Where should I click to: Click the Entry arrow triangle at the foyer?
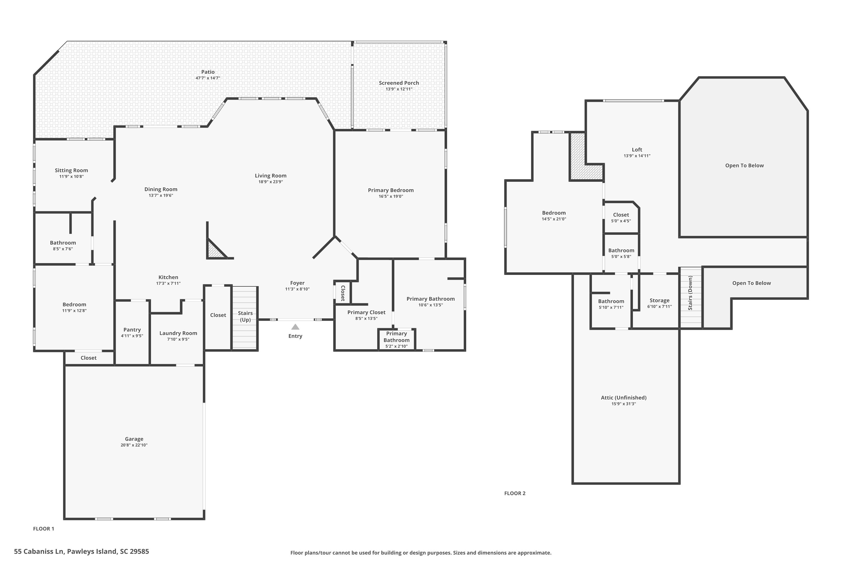click(x=295, y=327)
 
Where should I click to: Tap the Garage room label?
click(x=134, y=439)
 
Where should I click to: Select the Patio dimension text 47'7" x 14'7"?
click(x=208, y=78)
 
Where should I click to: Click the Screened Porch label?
click(x=399, y=83)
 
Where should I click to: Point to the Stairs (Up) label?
click(x=245, y=316)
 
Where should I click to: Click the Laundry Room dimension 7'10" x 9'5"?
click(x=178, y=339)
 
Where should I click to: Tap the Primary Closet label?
click(x=366, y=312)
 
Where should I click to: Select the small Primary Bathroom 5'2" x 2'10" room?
click(x=396, y=339)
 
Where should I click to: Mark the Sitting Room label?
click(x=71, y=170)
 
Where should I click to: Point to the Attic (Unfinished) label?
click(x=623, y=397)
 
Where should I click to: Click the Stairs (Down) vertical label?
click(x=690, y=293)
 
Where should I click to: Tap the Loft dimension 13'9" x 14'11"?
click(x=637, y=156)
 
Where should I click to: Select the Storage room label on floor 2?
click(x=659, y=300)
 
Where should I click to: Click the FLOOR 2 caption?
click(x=514, y=493)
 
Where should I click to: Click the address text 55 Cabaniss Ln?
click(x=81, y=551)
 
